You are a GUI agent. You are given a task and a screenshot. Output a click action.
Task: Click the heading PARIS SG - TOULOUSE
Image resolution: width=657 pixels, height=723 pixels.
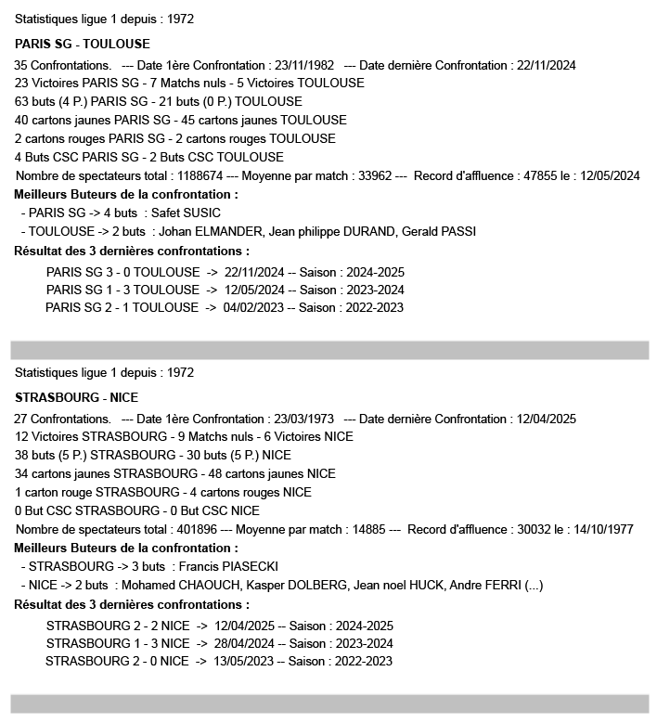tap(83, 44)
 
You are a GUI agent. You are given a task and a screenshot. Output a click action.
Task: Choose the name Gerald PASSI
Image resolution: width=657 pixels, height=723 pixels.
tap(441, 232)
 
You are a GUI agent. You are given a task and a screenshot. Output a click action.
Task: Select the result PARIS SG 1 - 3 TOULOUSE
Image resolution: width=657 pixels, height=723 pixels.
tap(122, 290)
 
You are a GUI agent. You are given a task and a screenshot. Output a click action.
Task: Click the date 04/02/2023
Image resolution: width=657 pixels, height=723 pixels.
tap(253, 308)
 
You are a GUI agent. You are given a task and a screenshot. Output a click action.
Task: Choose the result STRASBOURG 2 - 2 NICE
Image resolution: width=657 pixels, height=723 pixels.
tap(117, 626)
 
